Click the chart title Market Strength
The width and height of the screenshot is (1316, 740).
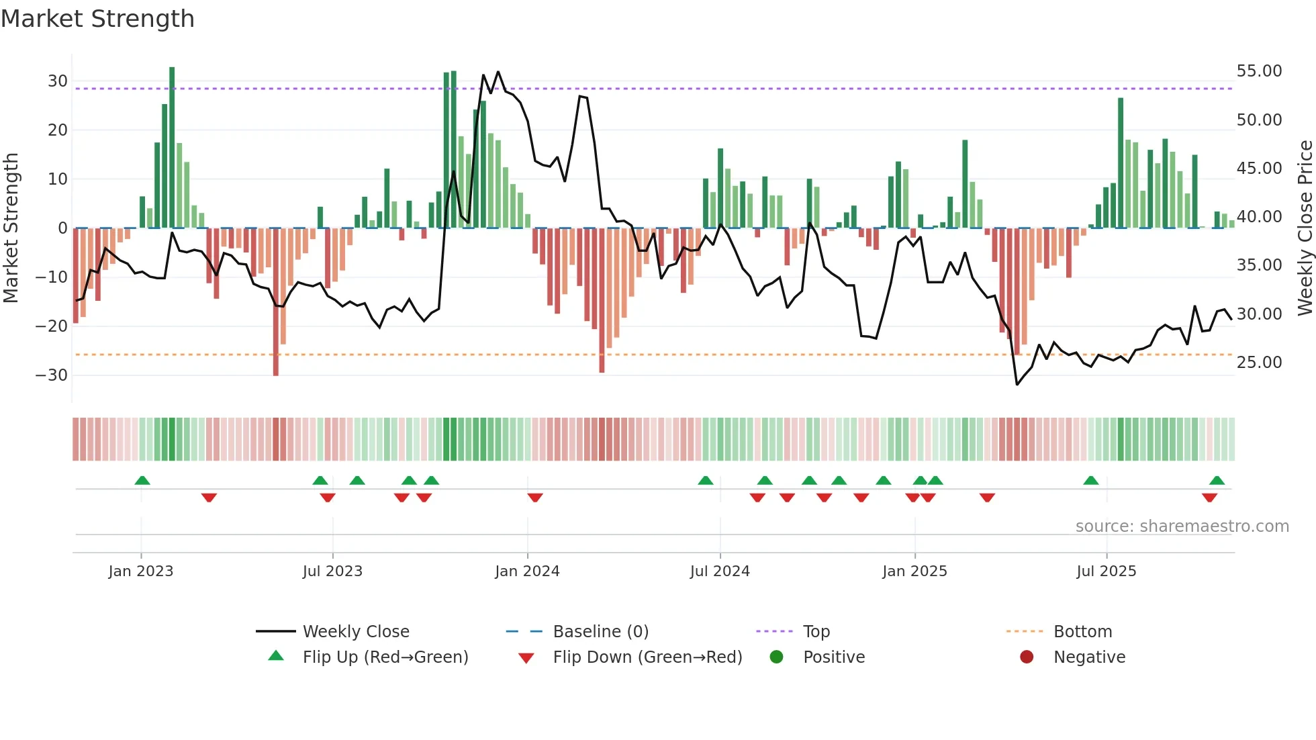(97, 19)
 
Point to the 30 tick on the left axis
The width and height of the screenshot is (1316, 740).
(58, 81)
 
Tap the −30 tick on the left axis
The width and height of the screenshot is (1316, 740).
(52, 375)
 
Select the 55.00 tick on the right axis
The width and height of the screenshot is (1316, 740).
(1259, 71)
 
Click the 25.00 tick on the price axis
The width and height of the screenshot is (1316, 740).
(1259, 363)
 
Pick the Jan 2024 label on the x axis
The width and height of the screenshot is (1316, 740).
(527, 571)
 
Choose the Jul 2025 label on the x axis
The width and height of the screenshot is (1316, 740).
(1106, 571)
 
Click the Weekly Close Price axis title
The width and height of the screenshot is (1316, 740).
(1305, 228)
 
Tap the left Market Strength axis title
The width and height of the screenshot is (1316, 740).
(11, 228)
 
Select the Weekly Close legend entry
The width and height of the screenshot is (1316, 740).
(356, 632)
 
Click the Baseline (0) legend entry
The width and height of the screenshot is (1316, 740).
(600, 632)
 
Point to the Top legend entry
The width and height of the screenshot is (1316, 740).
(816, 632)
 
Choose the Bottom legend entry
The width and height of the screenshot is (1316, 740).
(1082, 632)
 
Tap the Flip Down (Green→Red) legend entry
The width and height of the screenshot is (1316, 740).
(647, 657)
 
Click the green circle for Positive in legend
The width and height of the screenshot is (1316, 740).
(776, 657)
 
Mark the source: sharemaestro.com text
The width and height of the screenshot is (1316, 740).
(1182, 526)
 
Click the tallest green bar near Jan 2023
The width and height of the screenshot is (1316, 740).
(172, 148)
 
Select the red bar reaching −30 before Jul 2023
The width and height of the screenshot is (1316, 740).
(276, 302)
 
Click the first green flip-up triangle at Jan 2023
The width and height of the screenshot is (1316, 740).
(142, 481)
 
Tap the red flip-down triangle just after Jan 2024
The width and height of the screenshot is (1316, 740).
(535, 498)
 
